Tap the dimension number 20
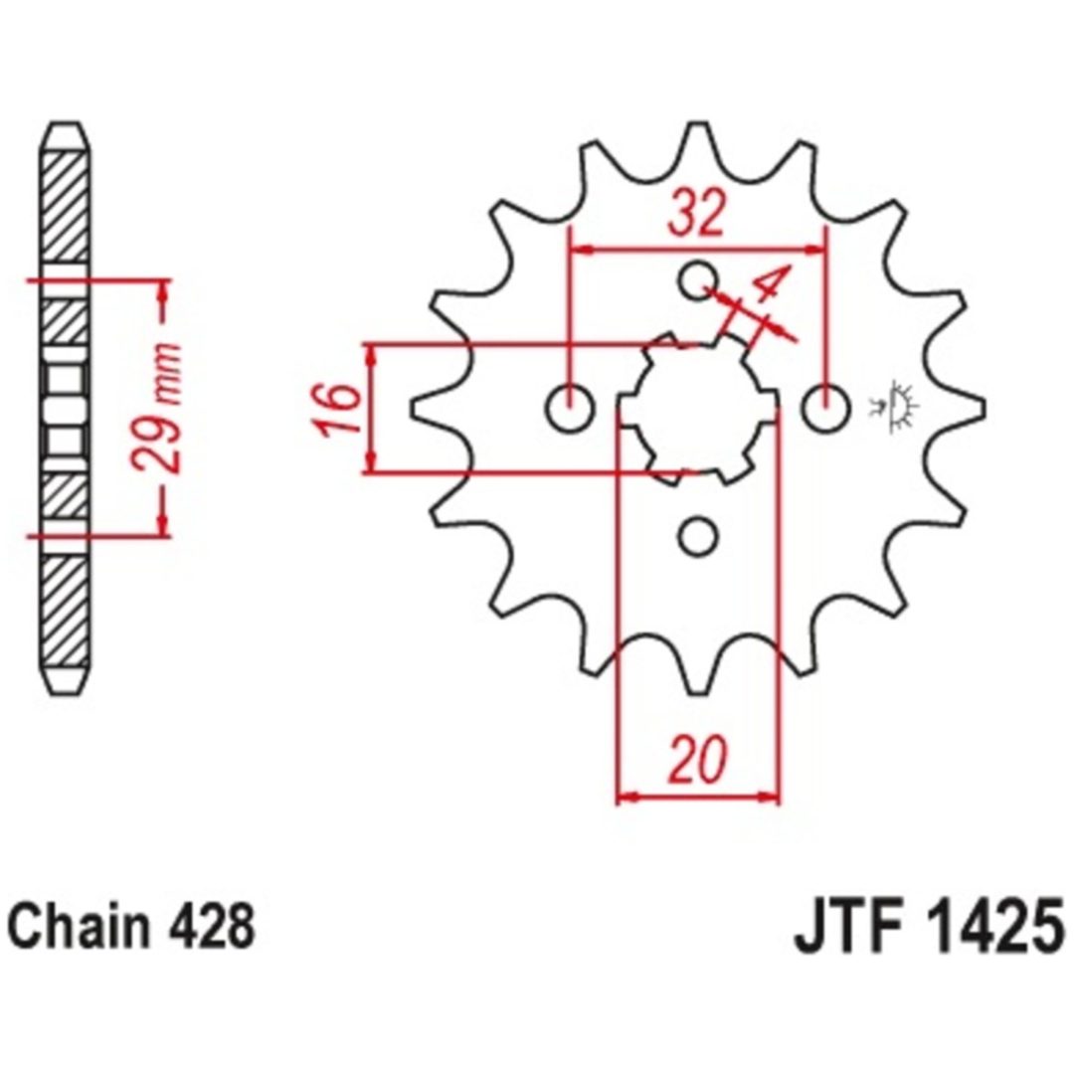point(697,758)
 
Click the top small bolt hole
point(698,279)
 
